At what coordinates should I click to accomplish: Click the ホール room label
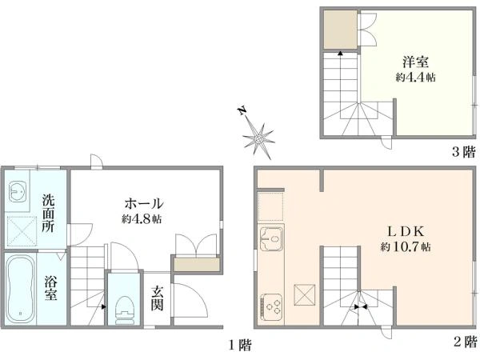144,203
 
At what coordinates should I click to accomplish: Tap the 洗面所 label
49,213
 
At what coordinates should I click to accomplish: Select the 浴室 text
51,288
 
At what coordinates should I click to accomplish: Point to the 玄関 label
157,298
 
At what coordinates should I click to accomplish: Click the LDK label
406,232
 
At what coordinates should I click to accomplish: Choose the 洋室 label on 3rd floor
415,62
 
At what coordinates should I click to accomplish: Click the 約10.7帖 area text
406,246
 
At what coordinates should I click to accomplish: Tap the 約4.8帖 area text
142,219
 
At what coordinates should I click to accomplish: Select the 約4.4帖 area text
415,77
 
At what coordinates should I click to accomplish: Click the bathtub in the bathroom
20,289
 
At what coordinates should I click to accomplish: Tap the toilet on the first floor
125,310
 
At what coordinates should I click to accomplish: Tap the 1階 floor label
241,346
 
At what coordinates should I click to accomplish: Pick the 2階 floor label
466,342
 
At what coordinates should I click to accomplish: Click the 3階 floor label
464,152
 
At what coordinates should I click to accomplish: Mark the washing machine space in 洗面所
22,231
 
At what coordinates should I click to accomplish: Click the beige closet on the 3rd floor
341,30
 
